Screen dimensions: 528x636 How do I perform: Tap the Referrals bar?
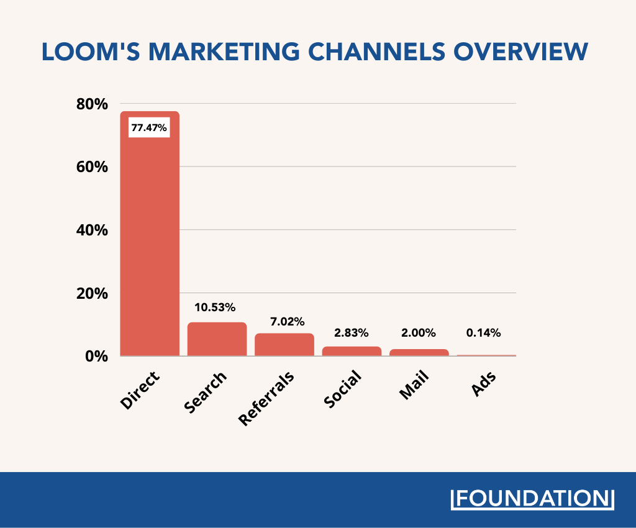tap(284, 345)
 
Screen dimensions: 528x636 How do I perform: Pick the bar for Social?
tap(352, 351)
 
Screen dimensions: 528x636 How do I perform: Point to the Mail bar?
tap(419, 352)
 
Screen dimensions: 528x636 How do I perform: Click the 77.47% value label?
tap(149, 128)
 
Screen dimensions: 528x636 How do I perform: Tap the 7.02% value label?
tap(287, 322)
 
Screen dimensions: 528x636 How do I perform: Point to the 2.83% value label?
tap(351, 333)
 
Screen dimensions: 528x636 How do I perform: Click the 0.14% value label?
tap(483, 333)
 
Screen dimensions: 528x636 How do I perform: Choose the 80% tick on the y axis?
tap(92, 104)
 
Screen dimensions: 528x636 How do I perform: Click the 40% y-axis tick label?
tap(92, 230)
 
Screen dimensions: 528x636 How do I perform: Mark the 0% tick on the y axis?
tap(97, 357)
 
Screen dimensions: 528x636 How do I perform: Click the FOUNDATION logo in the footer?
tap(531, 499)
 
